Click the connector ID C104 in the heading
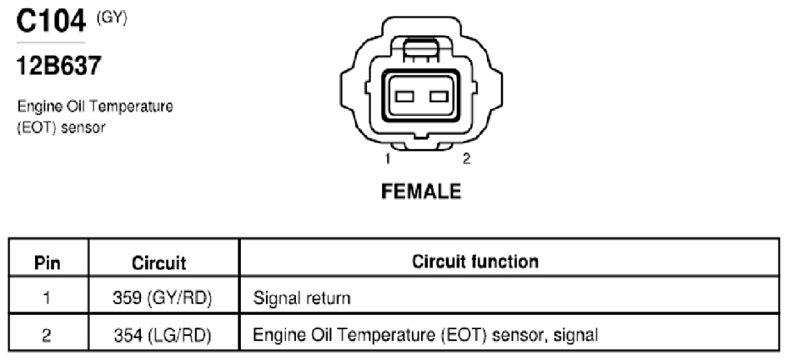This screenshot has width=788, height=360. (x=51, y=22)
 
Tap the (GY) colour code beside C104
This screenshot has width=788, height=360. (x=112, y=17)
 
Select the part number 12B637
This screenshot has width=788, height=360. (x=59, y=65)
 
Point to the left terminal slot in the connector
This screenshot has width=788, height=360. (x=404, y=96)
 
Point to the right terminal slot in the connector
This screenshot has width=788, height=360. (x=439, y=96)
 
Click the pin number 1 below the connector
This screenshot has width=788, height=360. (x=388, y=158)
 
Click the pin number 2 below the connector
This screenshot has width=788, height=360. (x=466, y=158)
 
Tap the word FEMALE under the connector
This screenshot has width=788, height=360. (x=421, y=192)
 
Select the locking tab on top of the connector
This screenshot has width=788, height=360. (x=421, y=50)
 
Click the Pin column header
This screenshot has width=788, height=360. (x=48, y=262)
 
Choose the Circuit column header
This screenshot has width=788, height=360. (x=158, y=262)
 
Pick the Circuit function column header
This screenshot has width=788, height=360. (x=475, y=261)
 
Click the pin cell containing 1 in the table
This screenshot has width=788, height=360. (x=47, y=297)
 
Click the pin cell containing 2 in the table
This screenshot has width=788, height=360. (x=46, y=335)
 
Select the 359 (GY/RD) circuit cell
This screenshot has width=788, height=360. (x=163, y=297)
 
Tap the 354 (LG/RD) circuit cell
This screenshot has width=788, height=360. (x=163, y=335)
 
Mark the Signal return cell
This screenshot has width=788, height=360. (x=302, y=297)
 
